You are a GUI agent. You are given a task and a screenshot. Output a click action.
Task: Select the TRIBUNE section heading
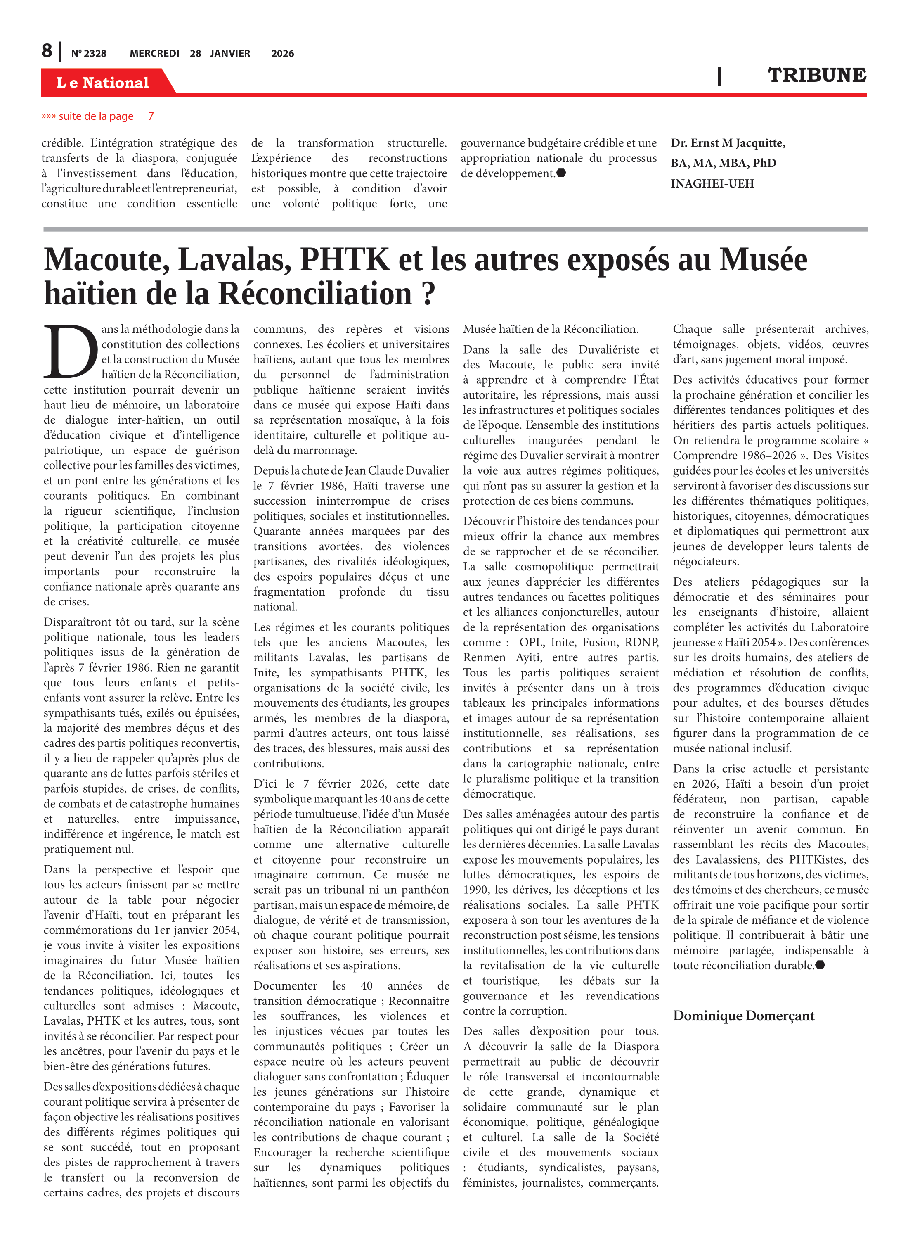[816, 75]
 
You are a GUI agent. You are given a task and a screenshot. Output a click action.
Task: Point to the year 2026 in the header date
[283, 53]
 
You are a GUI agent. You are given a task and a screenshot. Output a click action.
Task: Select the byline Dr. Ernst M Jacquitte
[728, 143]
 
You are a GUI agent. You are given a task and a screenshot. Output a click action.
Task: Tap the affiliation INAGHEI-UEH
[712, 184]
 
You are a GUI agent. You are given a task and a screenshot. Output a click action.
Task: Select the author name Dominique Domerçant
[743, 1015]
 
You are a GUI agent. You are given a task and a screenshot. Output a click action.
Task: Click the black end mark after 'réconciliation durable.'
[820, 965]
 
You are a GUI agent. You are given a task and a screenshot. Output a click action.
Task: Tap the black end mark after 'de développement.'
[561, 173]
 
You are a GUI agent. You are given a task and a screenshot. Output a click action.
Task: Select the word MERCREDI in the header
[154, 53]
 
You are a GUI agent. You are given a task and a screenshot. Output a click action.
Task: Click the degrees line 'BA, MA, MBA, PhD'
[724, 163]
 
